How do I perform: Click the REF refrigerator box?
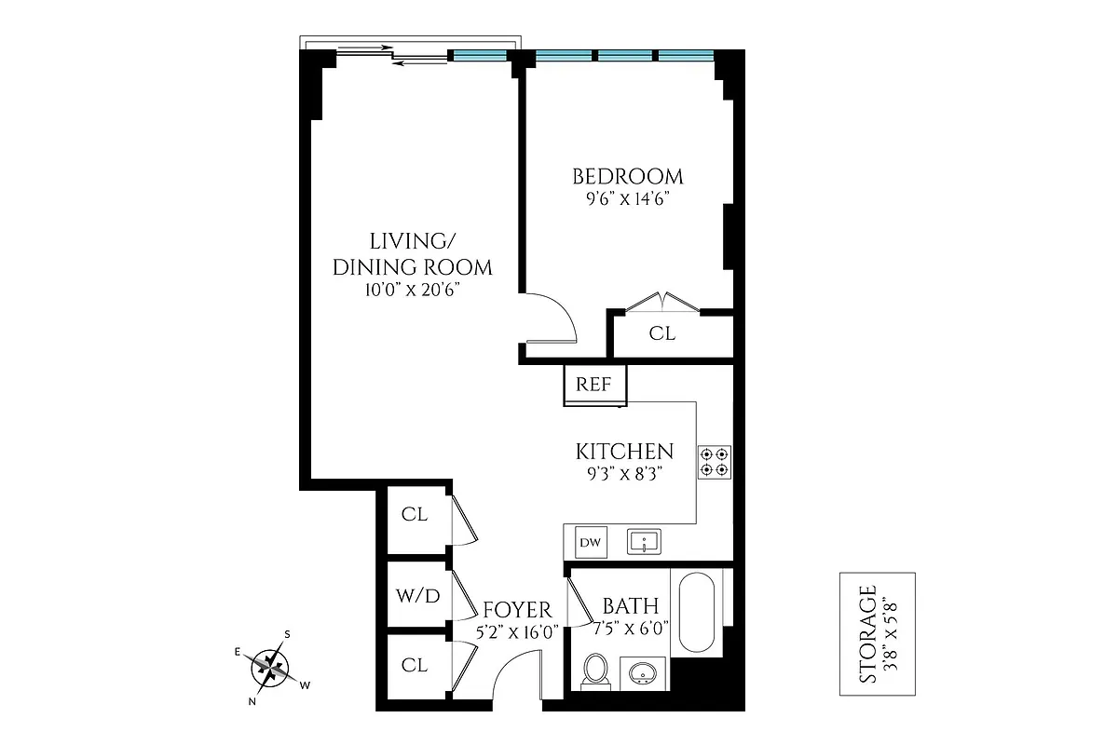(x=594, y=384)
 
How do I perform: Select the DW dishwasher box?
(x=589, y=542)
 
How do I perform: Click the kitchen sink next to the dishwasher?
(x=644, y=541)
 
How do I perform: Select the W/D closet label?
(x=418, y=596)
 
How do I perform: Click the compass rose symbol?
(x=271, y=665)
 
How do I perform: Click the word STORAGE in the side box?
(x=867, y=633)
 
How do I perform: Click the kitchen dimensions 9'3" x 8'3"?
(x=624, y=473)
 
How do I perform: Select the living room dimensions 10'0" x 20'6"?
(x=412, y=290)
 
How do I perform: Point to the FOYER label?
(x=517, y=611)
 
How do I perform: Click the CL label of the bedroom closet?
(x=662, y=333)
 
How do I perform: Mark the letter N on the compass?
(x=252, y=701)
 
